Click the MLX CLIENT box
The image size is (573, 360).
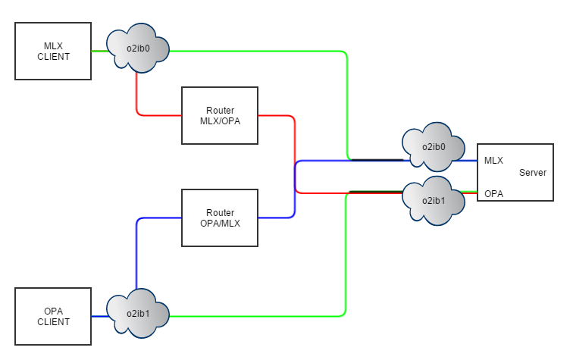(53, 51)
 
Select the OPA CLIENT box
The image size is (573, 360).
(53, 316)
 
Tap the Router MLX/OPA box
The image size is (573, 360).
(220, 115)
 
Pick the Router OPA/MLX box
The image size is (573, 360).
(220, 218)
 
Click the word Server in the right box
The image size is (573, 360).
(532, 173)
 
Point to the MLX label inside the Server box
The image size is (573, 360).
(493, 161)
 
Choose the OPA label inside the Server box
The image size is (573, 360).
(493, 194)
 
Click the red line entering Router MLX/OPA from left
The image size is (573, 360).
(159, 115)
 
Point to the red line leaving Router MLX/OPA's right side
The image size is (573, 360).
(277, 116)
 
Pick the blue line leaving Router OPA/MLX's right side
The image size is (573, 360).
(277, 218)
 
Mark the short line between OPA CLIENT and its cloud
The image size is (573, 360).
(99, 316)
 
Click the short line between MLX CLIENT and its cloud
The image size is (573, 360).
(99, 51)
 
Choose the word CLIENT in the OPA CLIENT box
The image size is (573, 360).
(53, 321)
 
